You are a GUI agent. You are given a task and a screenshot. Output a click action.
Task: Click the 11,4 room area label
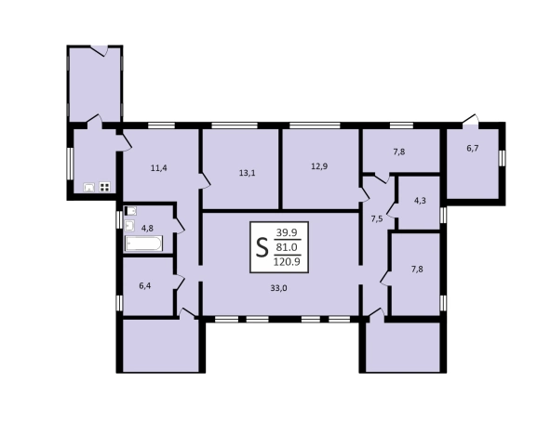159,168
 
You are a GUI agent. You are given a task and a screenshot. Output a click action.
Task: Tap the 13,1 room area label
247,173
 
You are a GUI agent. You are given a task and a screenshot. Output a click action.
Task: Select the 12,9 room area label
319,166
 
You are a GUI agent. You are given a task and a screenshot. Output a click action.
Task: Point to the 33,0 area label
278,288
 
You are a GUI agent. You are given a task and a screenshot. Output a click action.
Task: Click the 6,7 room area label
473,149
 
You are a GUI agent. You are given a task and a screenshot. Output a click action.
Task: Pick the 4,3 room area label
420,201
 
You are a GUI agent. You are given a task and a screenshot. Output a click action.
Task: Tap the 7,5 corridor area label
377,219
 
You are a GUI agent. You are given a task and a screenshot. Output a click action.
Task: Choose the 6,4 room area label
145,286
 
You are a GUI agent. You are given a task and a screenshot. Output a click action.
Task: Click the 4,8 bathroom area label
147,229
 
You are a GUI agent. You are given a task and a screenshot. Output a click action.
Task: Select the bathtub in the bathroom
144,244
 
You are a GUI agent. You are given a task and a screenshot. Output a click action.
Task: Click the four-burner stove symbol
105,187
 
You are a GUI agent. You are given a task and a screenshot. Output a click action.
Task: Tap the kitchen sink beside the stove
89,188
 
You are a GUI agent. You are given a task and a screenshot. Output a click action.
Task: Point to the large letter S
262,247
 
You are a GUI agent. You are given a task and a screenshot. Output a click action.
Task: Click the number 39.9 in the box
287,232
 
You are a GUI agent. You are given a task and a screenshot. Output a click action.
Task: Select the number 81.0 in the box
287,247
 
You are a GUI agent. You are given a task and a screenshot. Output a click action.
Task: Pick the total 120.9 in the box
287,262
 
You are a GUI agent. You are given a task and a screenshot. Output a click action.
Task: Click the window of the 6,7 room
503,157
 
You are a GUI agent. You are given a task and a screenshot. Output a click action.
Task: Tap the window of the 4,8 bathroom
119,220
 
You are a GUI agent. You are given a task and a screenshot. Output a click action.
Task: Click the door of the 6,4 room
179,282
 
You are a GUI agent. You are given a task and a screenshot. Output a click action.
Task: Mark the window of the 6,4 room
119,303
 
